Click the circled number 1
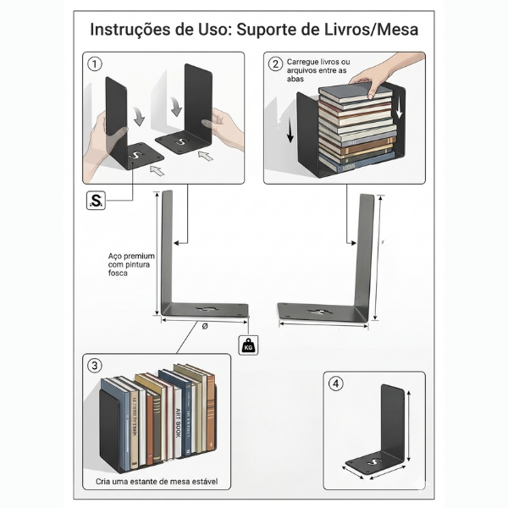coord(95,64)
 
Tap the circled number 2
coord(275,64)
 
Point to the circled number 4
coord(336,383)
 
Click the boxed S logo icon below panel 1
coord(97,201)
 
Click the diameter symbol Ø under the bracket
coord(205,326)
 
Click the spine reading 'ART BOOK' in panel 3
coord(179,423)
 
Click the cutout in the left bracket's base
coord(212,307)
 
